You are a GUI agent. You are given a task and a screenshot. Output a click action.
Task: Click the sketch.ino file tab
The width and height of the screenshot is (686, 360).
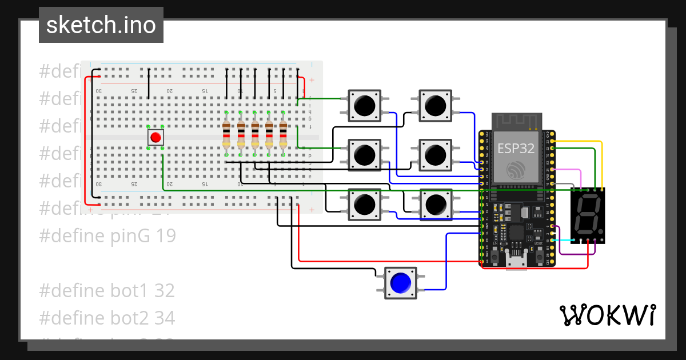click(x=101, y=25)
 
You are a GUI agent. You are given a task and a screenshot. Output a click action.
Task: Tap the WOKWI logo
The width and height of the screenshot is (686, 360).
click(x=607, y=315)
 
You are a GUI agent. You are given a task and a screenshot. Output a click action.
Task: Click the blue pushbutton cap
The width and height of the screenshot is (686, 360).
click(x=400, y=282)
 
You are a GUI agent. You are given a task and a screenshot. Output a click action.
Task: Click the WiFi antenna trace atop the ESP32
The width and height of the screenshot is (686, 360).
click(x=517, y=120)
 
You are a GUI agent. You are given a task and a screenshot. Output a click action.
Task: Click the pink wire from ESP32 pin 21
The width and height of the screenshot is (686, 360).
click(x=572, y=170)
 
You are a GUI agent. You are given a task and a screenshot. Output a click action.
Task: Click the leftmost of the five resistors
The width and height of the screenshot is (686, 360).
click(x=226, y=134)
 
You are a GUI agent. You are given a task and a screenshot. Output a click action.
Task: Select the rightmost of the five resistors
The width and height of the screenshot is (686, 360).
click(x=283, y=134)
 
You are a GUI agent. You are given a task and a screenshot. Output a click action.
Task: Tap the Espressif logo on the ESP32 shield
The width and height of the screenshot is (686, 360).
click(x=516, y=169)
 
